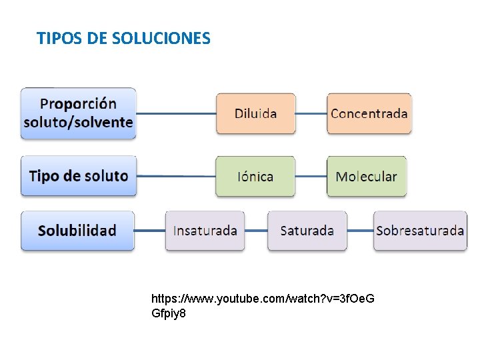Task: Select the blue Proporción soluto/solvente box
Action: click(78, 113)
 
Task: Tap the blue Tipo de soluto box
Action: click(78, 176)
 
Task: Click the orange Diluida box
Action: click(255, 113)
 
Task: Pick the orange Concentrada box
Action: click(369, 113)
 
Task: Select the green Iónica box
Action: click(255, 177)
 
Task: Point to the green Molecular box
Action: click(366, 177)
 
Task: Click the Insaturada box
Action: click(205, 231)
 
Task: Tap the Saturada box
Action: click(307, 231)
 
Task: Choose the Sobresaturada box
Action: click(420, 231)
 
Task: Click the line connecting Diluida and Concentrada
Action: click(311, 113)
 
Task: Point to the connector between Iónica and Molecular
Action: click(310, 177)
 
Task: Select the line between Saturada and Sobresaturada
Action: click(360, 231)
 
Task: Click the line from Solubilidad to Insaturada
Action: click(150, 231)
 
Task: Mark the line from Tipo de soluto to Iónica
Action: click(175, 177)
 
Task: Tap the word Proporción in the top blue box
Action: click(78, 104)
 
